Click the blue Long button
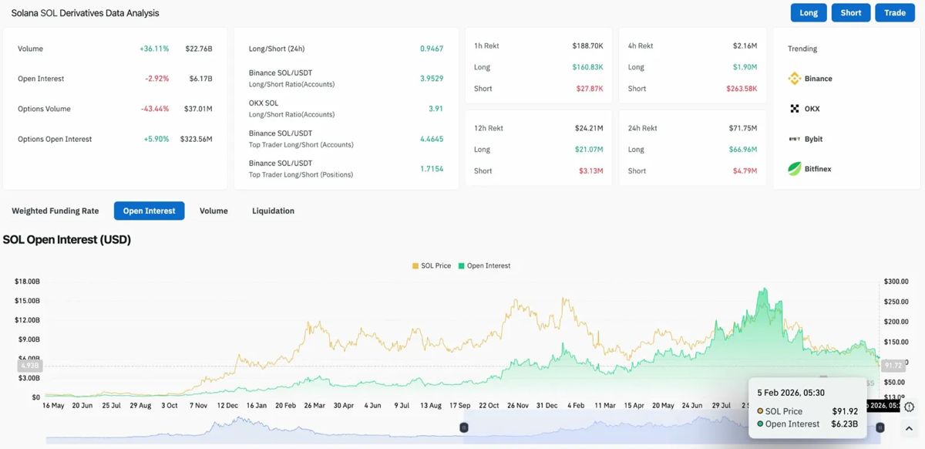809,13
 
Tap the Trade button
894,13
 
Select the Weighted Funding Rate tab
55,211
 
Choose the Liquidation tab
273,211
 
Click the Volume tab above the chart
214,211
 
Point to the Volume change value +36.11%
154,49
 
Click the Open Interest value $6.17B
199,79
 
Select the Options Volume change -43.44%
155,109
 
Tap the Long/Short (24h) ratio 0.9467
432,49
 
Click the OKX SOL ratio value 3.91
436,109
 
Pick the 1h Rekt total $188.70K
587,46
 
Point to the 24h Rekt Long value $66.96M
742,150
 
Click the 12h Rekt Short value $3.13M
590,170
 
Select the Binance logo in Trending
795,79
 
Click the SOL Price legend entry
432,265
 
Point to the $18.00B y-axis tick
27,282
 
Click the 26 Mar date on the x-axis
314,405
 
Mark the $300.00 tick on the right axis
896,282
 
